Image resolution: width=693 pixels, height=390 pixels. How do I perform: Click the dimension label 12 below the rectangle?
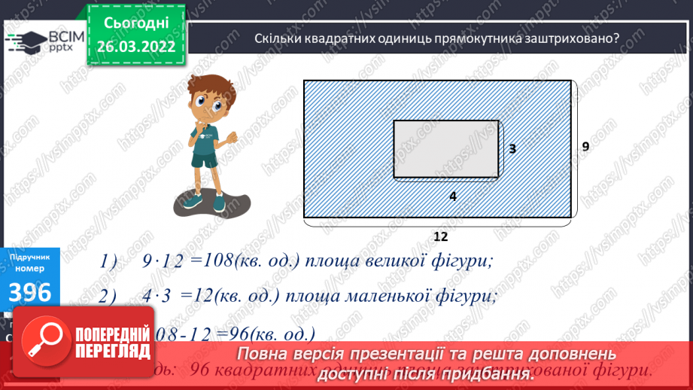click(440, 236)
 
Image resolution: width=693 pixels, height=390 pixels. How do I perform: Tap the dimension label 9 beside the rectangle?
click(585, 146)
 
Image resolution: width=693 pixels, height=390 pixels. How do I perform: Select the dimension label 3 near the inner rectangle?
click(512, 149)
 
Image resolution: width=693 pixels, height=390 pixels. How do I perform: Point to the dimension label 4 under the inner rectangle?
click(452, 196)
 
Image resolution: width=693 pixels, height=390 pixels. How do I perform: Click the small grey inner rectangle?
click(446, 148)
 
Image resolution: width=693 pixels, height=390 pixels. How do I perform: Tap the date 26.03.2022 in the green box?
click(135, 45)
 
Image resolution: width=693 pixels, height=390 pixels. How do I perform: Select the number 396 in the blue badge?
click(30, 293)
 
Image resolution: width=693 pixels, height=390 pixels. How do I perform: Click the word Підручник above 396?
click(30, 257)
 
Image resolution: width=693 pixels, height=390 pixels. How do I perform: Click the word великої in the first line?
click(394, 261)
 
